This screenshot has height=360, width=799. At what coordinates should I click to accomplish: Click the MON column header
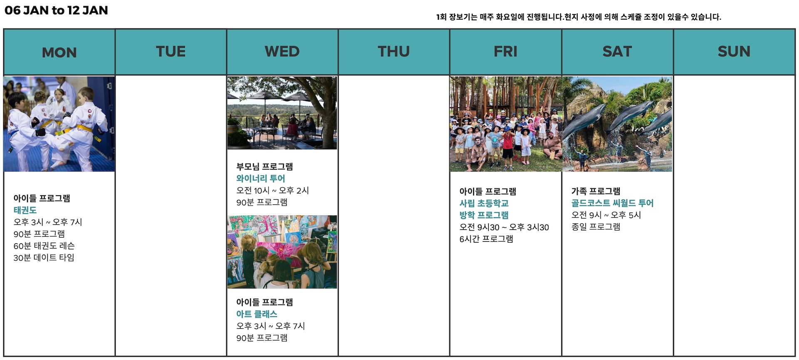pyautogui.click(x=59, y=52)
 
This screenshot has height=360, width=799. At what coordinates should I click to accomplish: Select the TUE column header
pyautogui.click(x=171, y=52)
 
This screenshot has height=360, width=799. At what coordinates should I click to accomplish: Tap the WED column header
pyautogui.click(x=282, y=52)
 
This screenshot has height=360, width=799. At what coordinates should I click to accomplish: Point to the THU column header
pyautogui.click(x=394, y=52)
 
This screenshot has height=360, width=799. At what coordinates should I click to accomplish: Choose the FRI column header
pyautogui.click(x=506, y=52)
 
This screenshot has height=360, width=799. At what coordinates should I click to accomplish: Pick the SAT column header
pyautogui.click(x=617, y=52)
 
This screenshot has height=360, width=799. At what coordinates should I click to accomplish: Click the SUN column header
pyautogui.click(x=734, y=52)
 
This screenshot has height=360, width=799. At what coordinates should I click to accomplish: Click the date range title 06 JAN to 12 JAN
pyautogui.click(x=56, y=10)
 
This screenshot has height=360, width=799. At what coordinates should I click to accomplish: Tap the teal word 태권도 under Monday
pyautogui.click(x=25, y=210)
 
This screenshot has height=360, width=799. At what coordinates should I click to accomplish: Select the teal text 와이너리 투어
pyautogui.click(x=261, y=179)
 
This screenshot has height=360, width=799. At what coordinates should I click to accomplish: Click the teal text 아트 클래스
pyautogui.click(x=257, y=314)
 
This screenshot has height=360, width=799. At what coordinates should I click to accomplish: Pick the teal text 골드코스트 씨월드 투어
pyautogui.click(x=612, y=203)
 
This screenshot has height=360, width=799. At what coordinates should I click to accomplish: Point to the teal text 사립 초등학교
pyautogui.click(x=484, y=203)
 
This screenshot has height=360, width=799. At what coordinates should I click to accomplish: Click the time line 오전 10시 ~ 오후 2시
pyautogui.click(x=273, y=191)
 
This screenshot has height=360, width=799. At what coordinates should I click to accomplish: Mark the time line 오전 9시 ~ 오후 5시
pyautogui.click(x=606, y=215)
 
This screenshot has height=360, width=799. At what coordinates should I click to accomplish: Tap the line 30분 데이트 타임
pyautogui.click(x=44, y=258)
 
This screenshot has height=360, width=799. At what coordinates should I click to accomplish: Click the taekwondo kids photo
pyautogui.click(x=59, y=124)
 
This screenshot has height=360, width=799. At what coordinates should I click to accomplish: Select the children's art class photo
pyautogui.click(x=282, y=252)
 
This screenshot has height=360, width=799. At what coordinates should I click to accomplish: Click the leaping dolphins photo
pyautogui.click(x=617, y=124)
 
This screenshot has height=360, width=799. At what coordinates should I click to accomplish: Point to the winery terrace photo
pyautogui.click(x=282, y=113)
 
